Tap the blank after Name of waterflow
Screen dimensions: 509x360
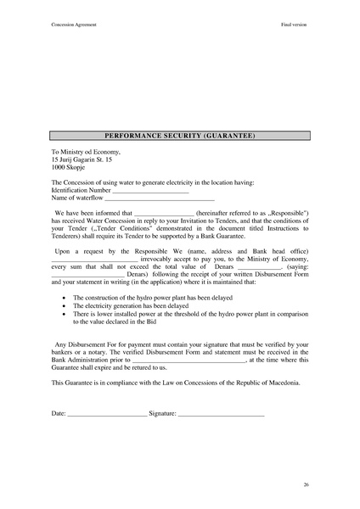(163, 199)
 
